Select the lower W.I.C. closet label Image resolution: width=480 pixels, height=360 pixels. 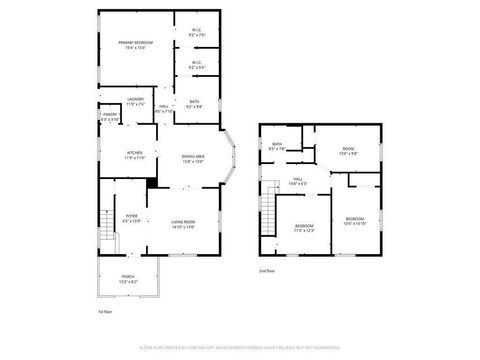tap(197, 65)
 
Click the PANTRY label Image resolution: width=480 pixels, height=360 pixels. tap(110, 117)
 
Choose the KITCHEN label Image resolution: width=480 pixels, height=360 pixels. tap(135, 154)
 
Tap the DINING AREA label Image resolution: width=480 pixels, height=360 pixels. tap(193, 157)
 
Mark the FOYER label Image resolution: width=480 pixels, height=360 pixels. tap(131, 216)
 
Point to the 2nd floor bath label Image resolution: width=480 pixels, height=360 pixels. tap(277, 145)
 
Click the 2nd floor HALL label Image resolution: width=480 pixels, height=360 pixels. tap(296, 180)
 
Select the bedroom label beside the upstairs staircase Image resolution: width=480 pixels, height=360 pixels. tap(304, 227)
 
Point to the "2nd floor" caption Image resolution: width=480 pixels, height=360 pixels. tap(266, 271)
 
